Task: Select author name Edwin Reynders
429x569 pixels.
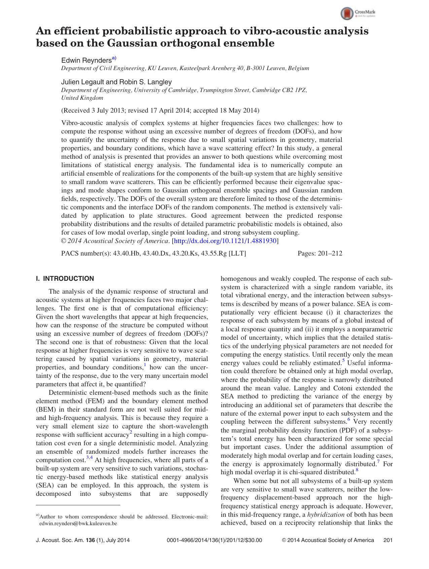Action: click(86, 61)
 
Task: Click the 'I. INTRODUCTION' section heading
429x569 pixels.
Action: click(65, 279)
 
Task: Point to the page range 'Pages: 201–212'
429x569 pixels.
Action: click(320, 253)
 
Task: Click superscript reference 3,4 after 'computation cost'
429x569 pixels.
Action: click(90, 458)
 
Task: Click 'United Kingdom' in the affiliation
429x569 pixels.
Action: click(82, 98)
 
